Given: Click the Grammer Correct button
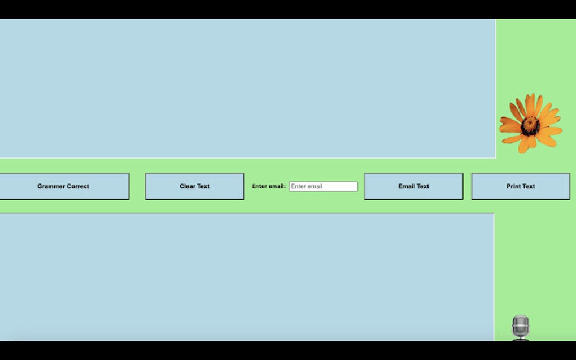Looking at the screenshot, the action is coord(64,186).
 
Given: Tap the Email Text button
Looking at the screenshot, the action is coord(413,186).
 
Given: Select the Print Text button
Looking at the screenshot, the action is coord(521,186).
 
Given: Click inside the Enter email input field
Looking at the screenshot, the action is coord(323,186).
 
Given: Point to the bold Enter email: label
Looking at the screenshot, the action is coord(269,186).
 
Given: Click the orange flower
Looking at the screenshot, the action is coord(530,124).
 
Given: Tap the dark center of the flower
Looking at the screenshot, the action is coord(530,126).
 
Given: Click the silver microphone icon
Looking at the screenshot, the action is coord(521,327).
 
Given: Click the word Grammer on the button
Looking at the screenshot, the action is coord(50,186).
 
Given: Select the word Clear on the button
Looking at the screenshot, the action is coord(186,186).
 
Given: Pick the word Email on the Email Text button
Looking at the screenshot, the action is coord(406,186).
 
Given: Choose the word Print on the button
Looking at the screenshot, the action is coord(512,186).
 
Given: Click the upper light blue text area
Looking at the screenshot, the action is coord(247,89).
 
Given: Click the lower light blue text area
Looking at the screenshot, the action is coord(247,277).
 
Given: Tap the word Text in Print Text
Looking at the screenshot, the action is coord(528,186).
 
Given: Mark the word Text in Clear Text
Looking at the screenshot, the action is coord(203,186).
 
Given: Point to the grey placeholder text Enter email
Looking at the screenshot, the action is coord(307,186).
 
